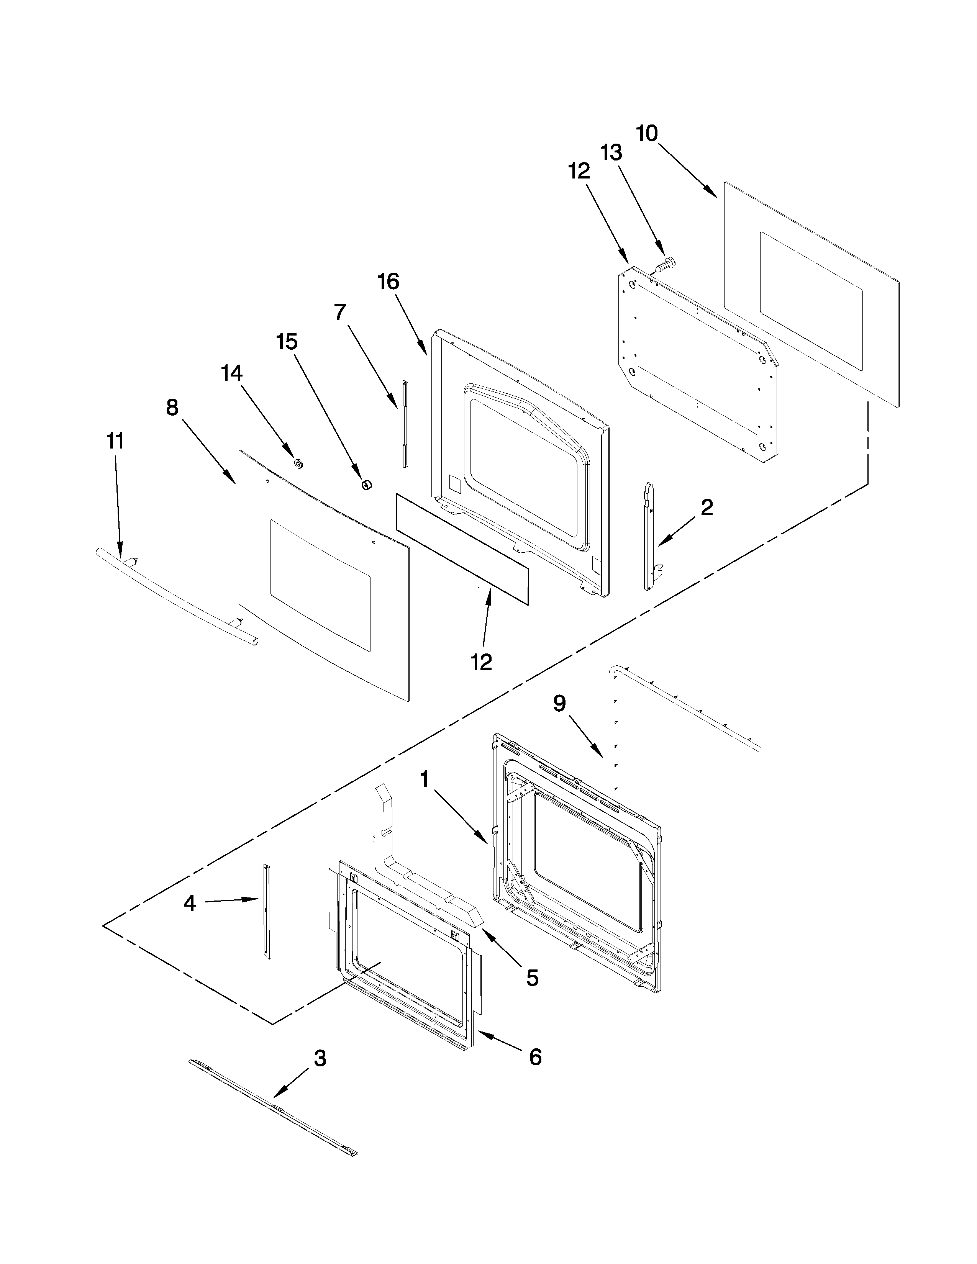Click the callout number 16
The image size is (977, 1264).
(389, 282)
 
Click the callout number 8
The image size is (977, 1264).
(172, 408)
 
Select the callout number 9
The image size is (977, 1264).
(559, 704)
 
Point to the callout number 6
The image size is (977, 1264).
(535, 1058)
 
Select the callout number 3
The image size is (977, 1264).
(320, 1059)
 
